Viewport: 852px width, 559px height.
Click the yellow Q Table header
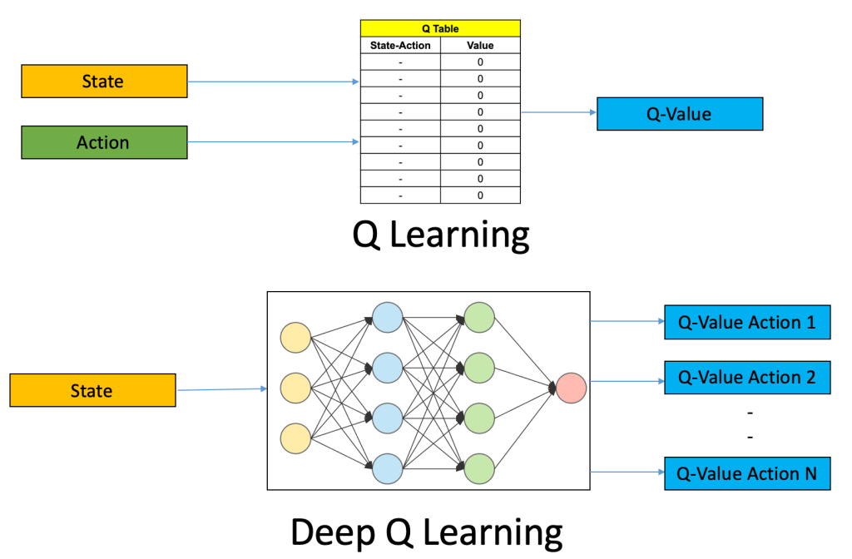point(440,28)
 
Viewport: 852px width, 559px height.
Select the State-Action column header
point(400,46)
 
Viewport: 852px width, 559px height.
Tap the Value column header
point(480,46)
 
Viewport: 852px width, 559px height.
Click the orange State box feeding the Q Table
point(104,82)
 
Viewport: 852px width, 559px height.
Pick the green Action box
point(104,142)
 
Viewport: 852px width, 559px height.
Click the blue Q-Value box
point(679,114)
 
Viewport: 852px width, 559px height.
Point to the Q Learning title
point(440,235)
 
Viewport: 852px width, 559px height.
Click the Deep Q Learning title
point(426,531)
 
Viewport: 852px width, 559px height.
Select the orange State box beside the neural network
point(92,390)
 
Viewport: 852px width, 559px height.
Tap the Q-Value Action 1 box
point(746,322)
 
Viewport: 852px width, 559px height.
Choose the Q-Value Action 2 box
point(746,378)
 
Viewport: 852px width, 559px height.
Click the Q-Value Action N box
point(746,473)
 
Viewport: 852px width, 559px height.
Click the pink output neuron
point(572,388)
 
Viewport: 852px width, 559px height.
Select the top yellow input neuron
point(295,339)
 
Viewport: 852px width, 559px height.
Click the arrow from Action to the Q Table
point(274,142)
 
